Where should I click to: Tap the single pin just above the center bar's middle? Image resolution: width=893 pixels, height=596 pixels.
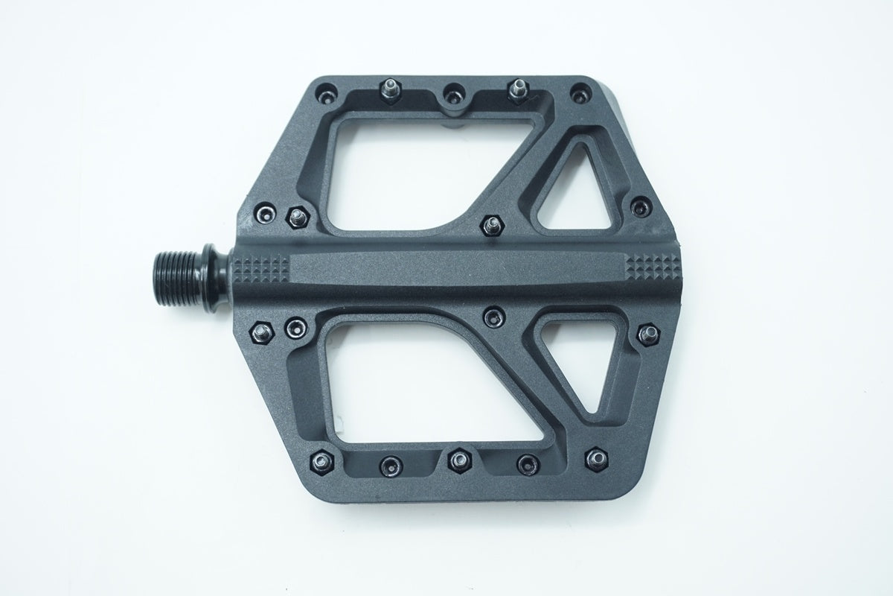click(x=490, y=223)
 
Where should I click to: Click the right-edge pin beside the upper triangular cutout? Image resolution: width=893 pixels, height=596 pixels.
click(x=638, y=205)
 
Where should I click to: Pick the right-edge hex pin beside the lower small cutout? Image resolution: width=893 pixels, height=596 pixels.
click(x=647, y=335)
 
